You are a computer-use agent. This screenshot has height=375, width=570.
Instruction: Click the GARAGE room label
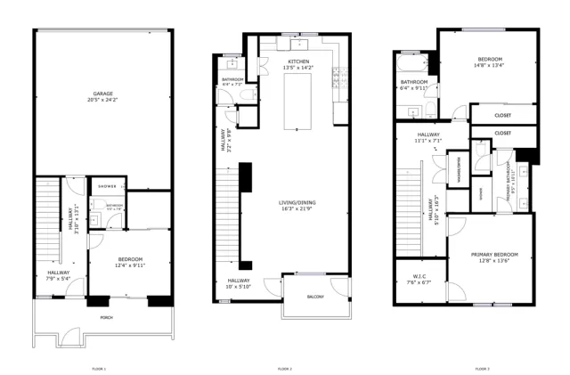coord(103,93)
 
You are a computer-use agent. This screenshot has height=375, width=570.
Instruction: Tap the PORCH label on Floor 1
coord(106,317)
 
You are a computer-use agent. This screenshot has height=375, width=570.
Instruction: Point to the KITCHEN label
coord(298,61)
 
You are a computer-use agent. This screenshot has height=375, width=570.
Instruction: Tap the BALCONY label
coord(315,297)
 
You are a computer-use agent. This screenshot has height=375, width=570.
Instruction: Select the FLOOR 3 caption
coord(482,368)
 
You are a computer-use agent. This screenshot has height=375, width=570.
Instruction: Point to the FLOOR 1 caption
coord(99,368)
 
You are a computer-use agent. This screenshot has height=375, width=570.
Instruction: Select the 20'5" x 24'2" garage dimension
coord(103,99)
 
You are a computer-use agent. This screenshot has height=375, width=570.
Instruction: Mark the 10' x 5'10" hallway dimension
coord(240,286)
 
